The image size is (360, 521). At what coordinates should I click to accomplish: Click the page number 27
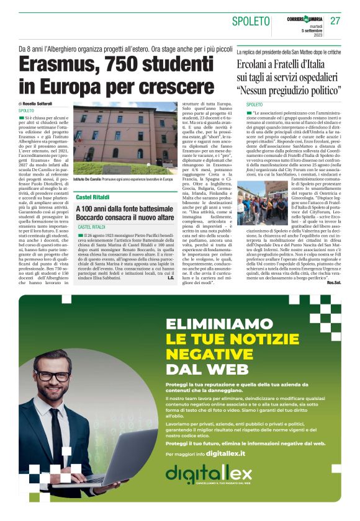coord(335,20)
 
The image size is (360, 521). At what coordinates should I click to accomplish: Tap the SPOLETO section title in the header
coord(251,22)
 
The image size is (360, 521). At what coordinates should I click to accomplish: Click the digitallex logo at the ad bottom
coord(209,476)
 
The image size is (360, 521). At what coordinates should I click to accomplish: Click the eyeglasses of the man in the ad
coord(54,376)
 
